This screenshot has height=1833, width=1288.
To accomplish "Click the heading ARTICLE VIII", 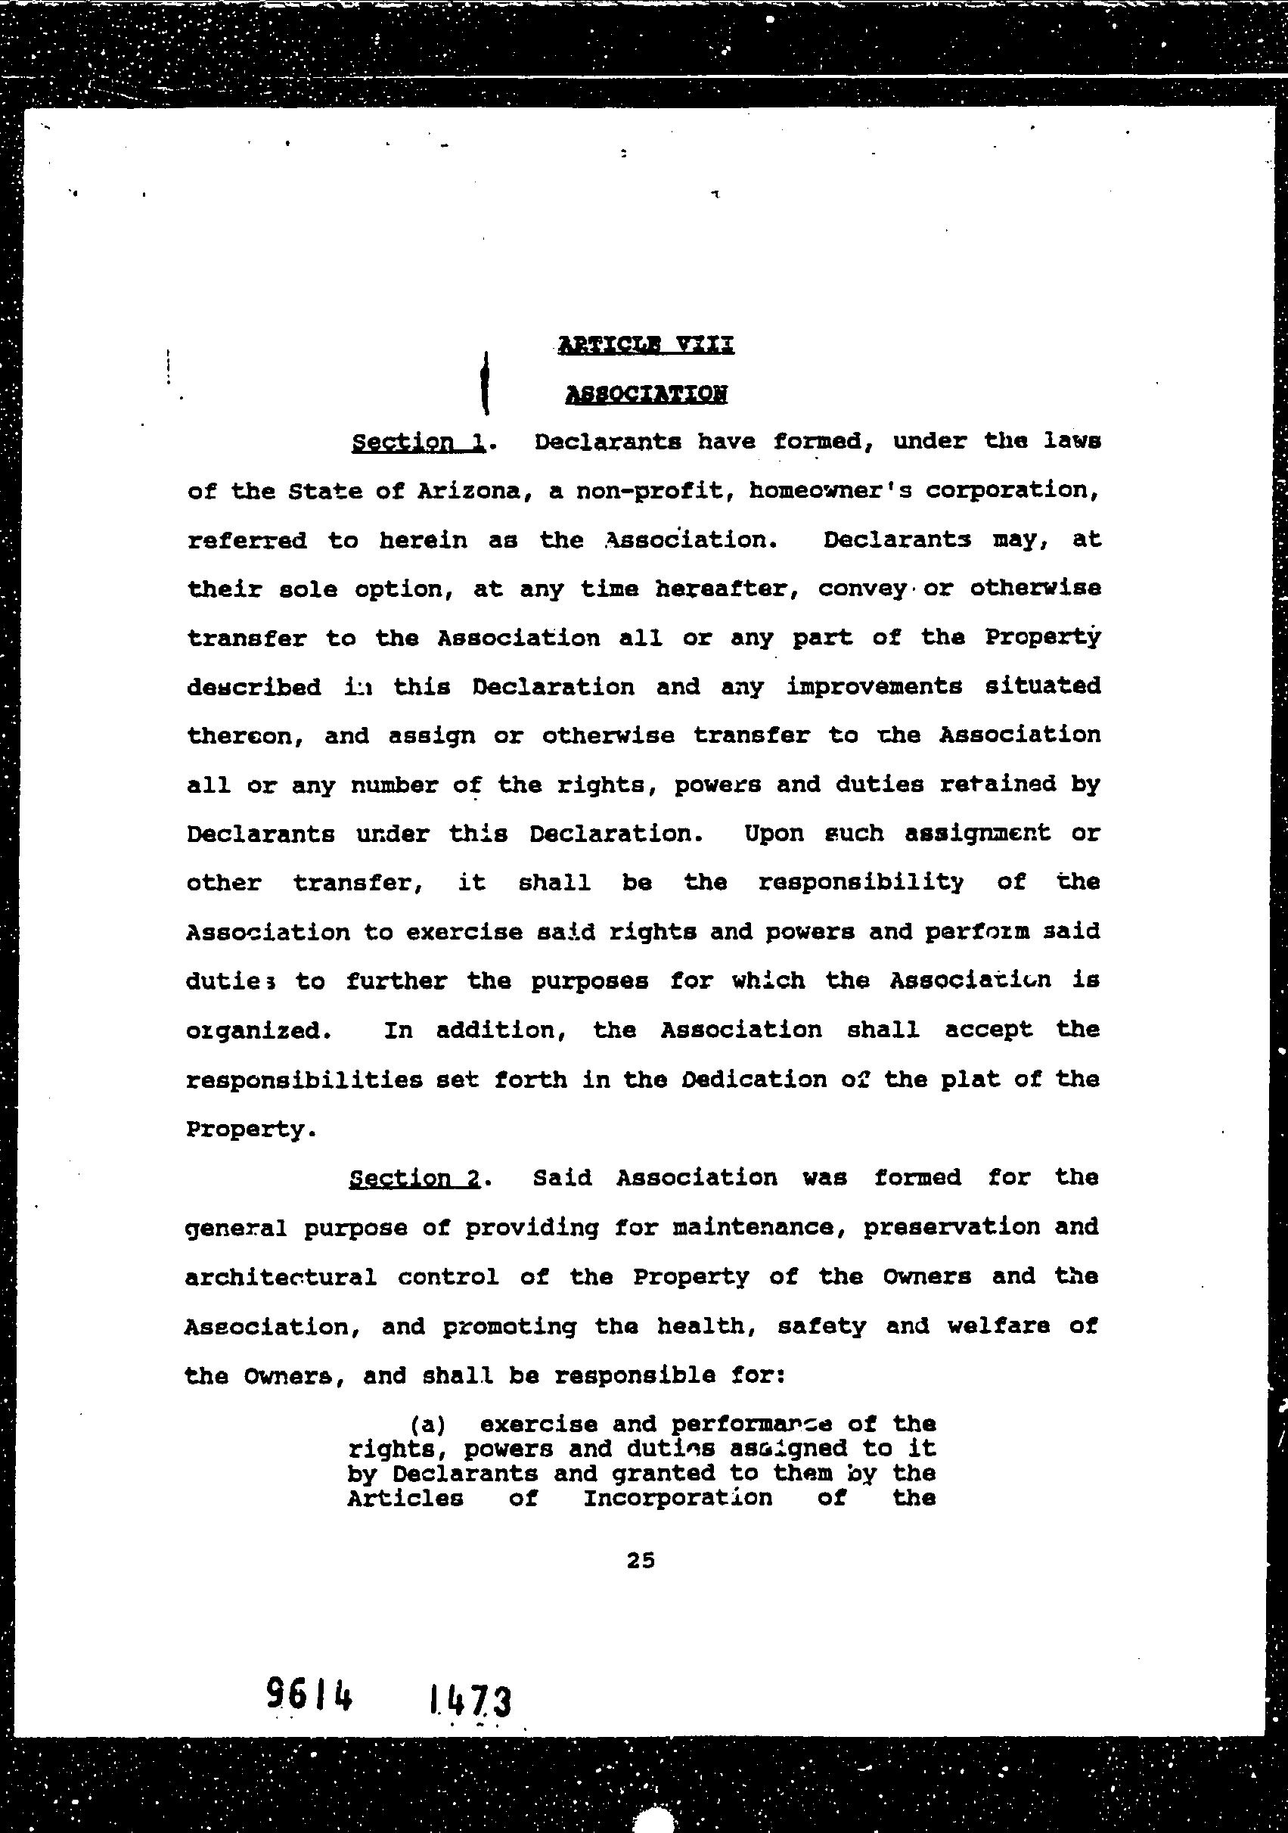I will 645,345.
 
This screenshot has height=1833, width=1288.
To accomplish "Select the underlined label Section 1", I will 419,442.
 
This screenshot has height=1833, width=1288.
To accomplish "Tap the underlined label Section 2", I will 416,1179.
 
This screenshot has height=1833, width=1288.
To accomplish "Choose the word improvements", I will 874,687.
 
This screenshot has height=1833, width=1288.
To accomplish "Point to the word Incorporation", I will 678,1498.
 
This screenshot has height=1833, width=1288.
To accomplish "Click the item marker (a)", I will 427,1425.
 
